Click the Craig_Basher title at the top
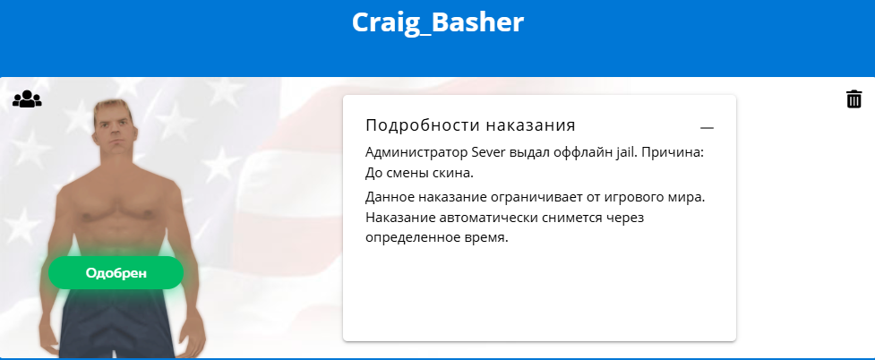pyautogui.click(x=437, y=22)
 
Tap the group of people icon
pyautogui.click(x=27, y=99)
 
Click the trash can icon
pyautogui.click(x=854, y=99)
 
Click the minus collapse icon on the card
pyautogui.click(x=707, y=128)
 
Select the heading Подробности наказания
pyautogui.click(x=470, y=125)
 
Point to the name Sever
pyautogui.click(x=489, y=152)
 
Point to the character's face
pyautogui.click(x=114, y=133)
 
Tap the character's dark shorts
pyautogui.click(x=116, y=323)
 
